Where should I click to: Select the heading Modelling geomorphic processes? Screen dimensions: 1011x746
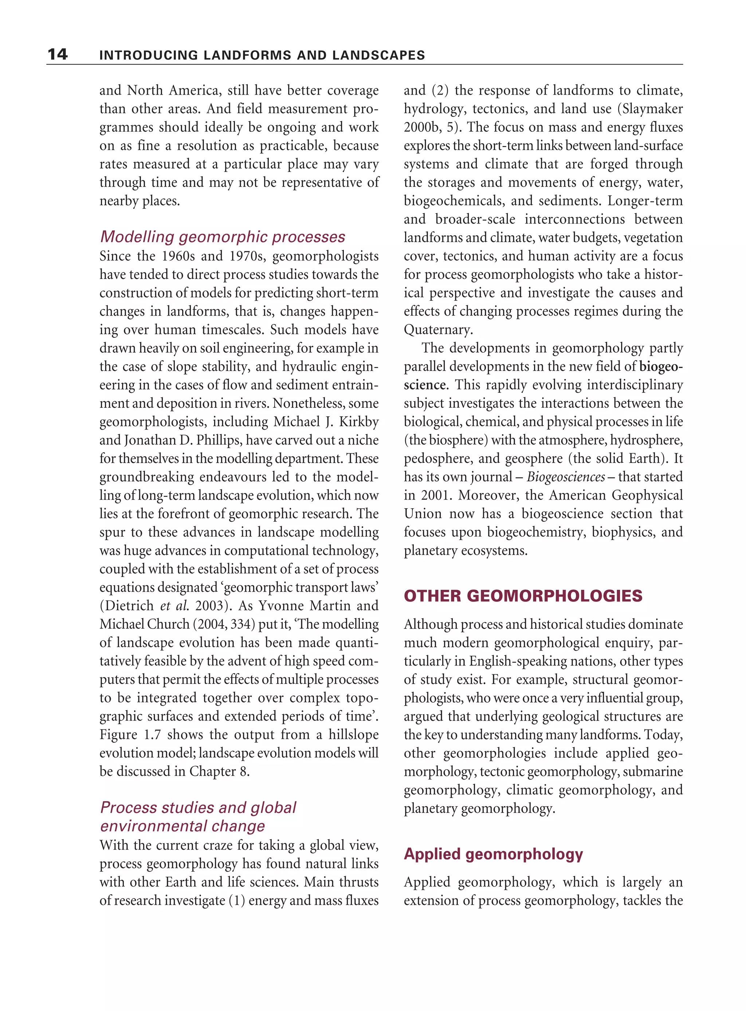pos(222,237)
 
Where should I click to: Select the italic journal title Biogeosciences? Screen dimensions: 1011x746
pos(565,477)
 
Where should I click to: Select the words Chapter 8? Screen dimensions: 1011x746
pos(219,771)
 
